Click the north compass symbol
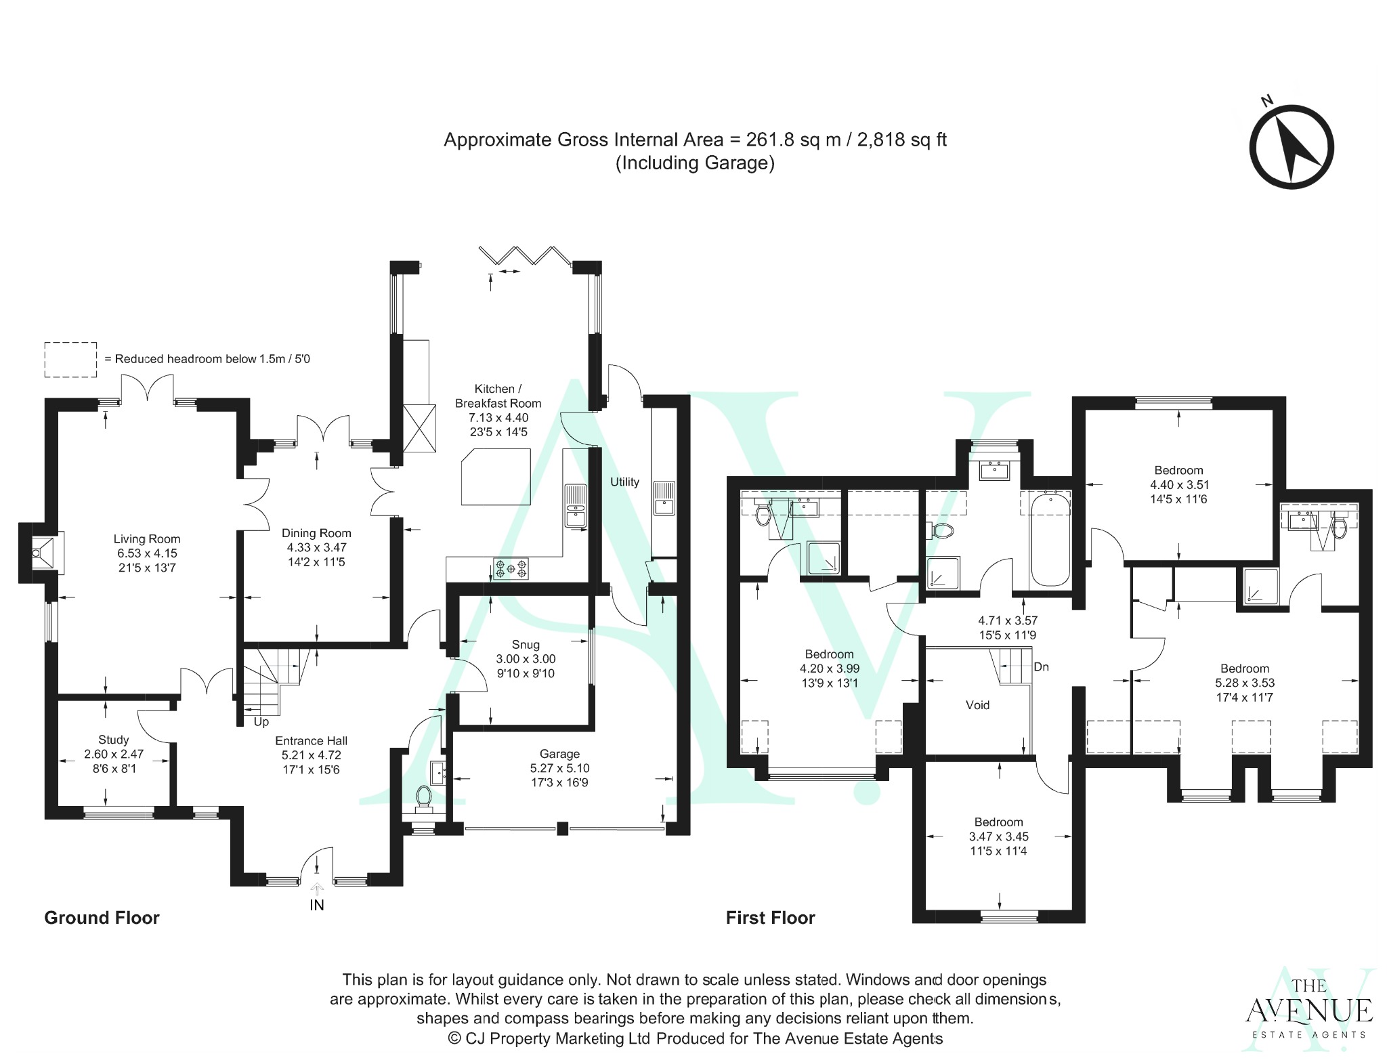(1291, 147)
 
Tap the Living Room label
(146, 539)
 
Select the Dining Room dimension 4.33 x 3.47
(316, 547)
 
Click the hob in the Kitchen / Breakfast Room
(511, 568)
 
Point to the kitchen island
(495, 479)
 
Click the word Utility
(624, 482)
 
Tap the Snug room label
(526, 644)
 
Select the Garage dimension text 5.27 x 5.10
(559, 768)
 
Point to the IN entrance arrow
(317, 888)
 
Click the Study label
(113, 740)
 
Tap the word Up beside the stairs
(261, 722)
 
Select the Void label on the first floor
(977, 705)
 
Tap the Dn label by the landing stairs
(1041, 666)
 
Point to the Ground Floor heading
(102, 918)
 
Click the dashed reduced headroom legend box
(70, 360)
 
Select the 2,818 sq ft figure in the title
(901, 140)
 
